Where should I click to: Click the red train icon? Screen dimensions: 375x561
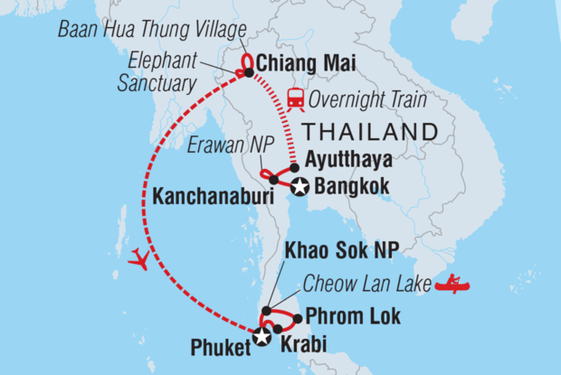[x=295, y=98]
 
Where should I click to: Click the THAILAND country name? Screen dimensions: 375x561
[x=371, y=132]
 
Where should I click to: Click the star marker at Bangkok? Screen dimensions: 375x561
[x=299, y=187]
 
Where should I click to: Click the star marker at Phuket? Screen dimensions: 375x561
[x=262, y=337]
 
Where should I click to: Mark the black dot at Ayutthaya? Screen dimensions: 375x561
[x=295, y=167]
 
